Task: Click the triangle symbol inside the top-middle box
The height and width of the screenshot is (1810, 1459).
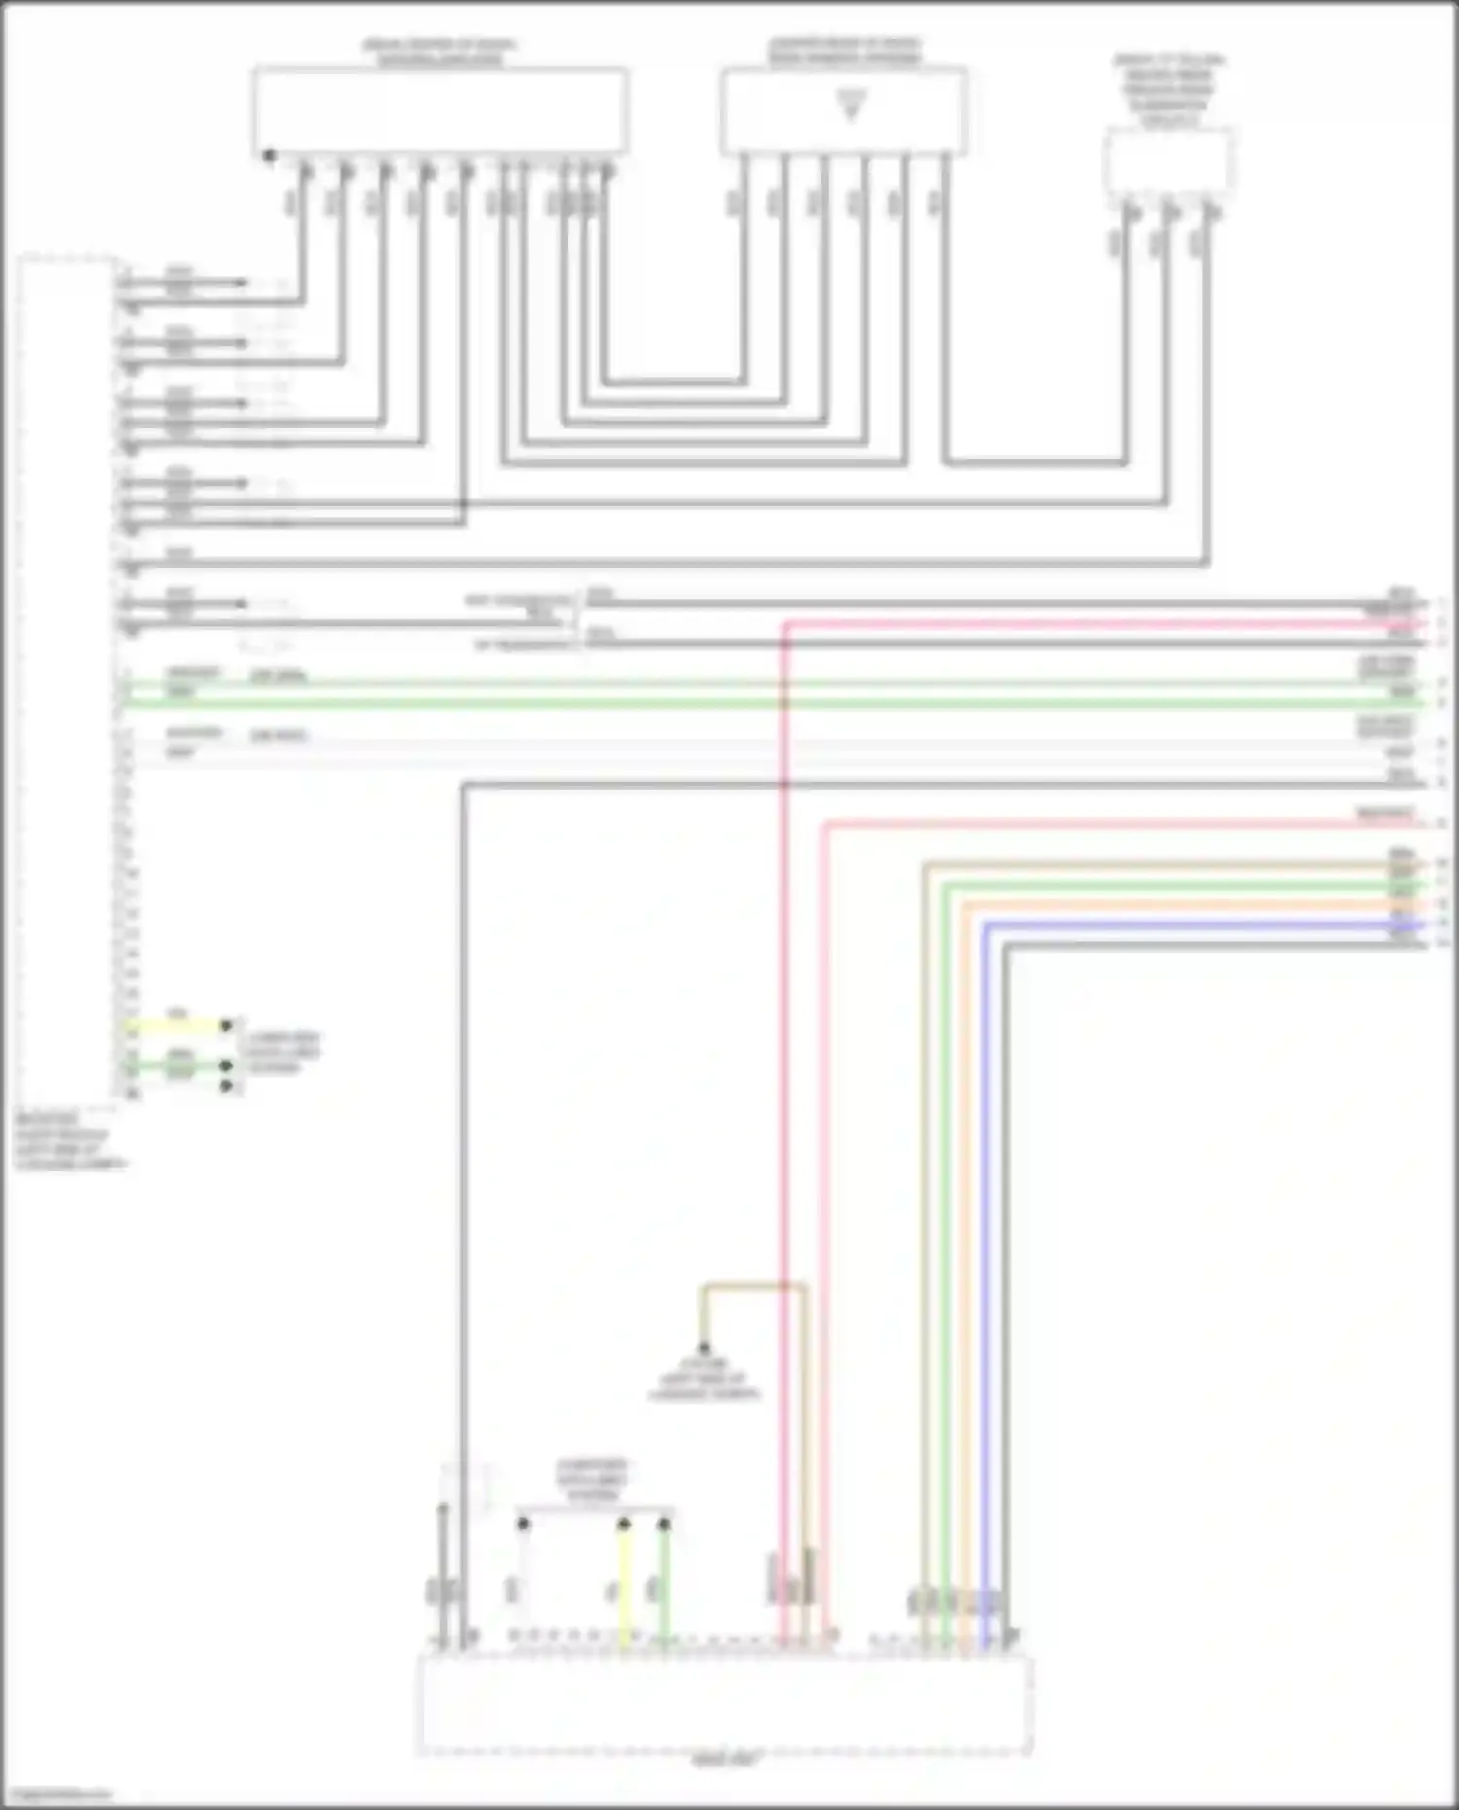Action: point(851,106)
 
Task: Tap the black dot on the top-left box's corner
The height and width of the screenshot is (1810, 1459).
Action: point(269,156)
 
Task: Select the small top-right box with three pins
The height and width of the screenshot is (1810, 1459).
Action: point(1169,162)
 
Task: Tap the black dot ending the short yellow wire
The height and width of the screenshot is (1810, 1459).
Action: point(227,1025)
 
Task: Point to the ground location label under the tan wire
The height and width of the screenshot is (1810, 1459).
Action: point(704,1379)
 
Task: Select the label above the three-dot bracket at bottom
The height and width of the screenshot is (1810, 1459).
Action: point(592,1479)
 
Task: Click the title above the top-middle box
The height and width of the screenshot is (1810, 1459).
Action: point(844,52)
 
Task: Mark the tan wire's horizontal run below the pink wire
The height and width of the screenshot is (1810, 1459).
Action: point(1167,864)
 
